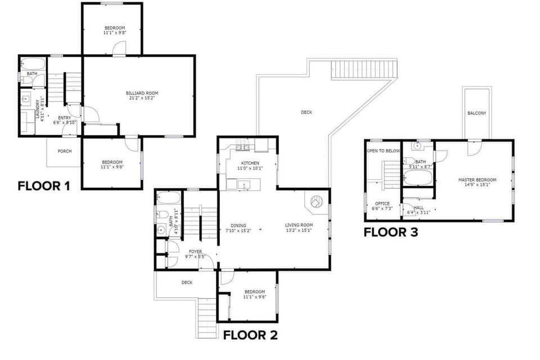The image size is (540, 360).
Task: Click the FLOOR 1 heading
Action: point(44,186)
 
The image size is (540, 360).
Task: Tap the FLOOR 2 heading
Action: point(250,335)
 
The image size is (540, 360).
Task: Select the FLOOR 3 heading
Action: point(391,232)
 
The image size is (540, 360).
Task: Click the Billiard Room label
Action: point(142,93)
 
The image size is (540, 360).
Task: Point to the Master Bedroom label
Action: point(478,180)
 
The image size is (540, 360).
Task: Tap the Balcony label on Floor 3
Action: point(477,113)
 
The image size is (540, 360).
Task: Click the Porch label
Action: point(65,151)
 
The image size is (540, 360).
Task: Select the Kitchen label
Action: point(250,163)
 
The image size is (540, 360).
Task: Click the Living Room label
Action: point(299,225)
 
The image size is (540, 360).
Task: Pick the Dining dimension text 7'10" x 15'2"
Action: point(238,231)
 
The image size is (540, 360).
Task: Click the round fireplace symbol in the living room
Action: point(316,201)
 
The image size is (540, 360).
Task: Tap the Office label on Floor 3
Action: point(382,204)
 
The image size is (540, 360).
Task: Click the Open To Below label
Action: point(383,151)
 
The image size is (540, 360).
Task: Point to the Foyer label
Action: point(195,251)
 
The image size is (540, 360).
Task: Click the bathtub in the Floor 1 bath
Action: point(33,64)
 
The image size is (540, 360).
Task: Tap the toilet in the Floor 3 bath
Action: point(409,161)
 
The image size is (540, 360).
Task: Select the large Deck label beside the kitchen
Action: point(307,112)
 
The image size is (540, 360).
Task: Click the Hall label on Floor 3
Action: point(418,208)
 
